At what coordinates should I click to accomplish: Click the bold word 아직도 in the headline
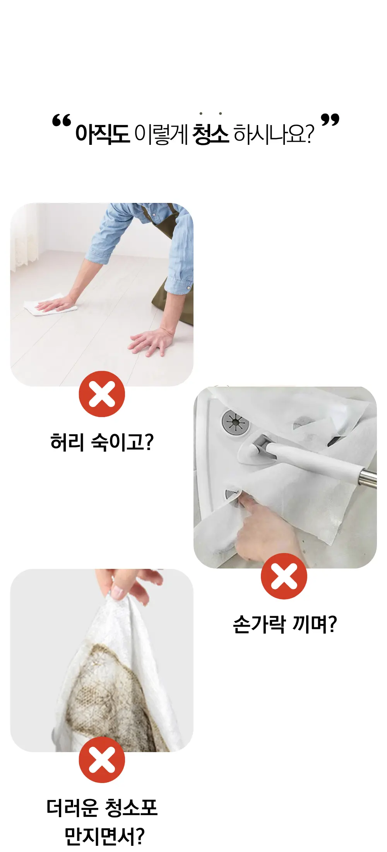102,134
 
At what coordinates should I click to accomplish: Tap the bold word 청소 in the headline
211,134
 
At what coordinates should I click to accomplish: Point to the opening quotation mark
62,121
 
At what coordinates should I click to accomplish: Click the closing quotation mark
330,120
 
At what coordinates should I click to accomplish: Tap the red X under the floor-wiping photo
102,394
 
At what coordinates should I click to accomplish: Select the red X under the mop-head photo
284,576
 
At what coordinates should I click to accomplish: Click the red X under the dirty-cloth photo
102,760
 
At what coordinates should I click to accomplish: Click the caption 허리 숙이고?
102,442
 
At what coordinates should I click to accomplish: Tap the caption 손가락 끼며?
285,624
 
